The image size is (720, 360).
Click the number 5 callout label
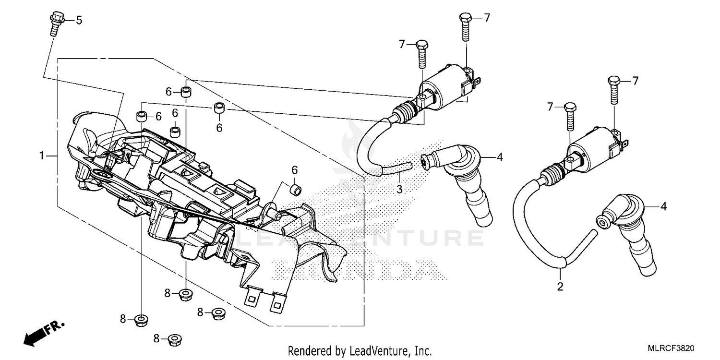[x=79, y=20]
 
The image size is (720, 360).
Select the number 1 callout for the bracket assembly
[x=42, y=156]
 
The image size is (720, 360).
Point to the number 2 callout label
[x=560, y=288]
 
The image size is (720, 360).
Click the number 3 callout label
[x=399, y=189]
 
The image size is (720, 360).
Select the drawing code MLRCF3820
[x=672, y=348]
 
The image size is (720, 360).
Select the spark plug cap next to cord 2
[x=629, y=230]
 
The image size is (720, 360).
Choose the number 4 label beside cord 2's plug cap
[x=663, y=207]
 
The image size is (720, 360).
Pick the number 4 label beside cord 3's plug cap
[x=499, y=156]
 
